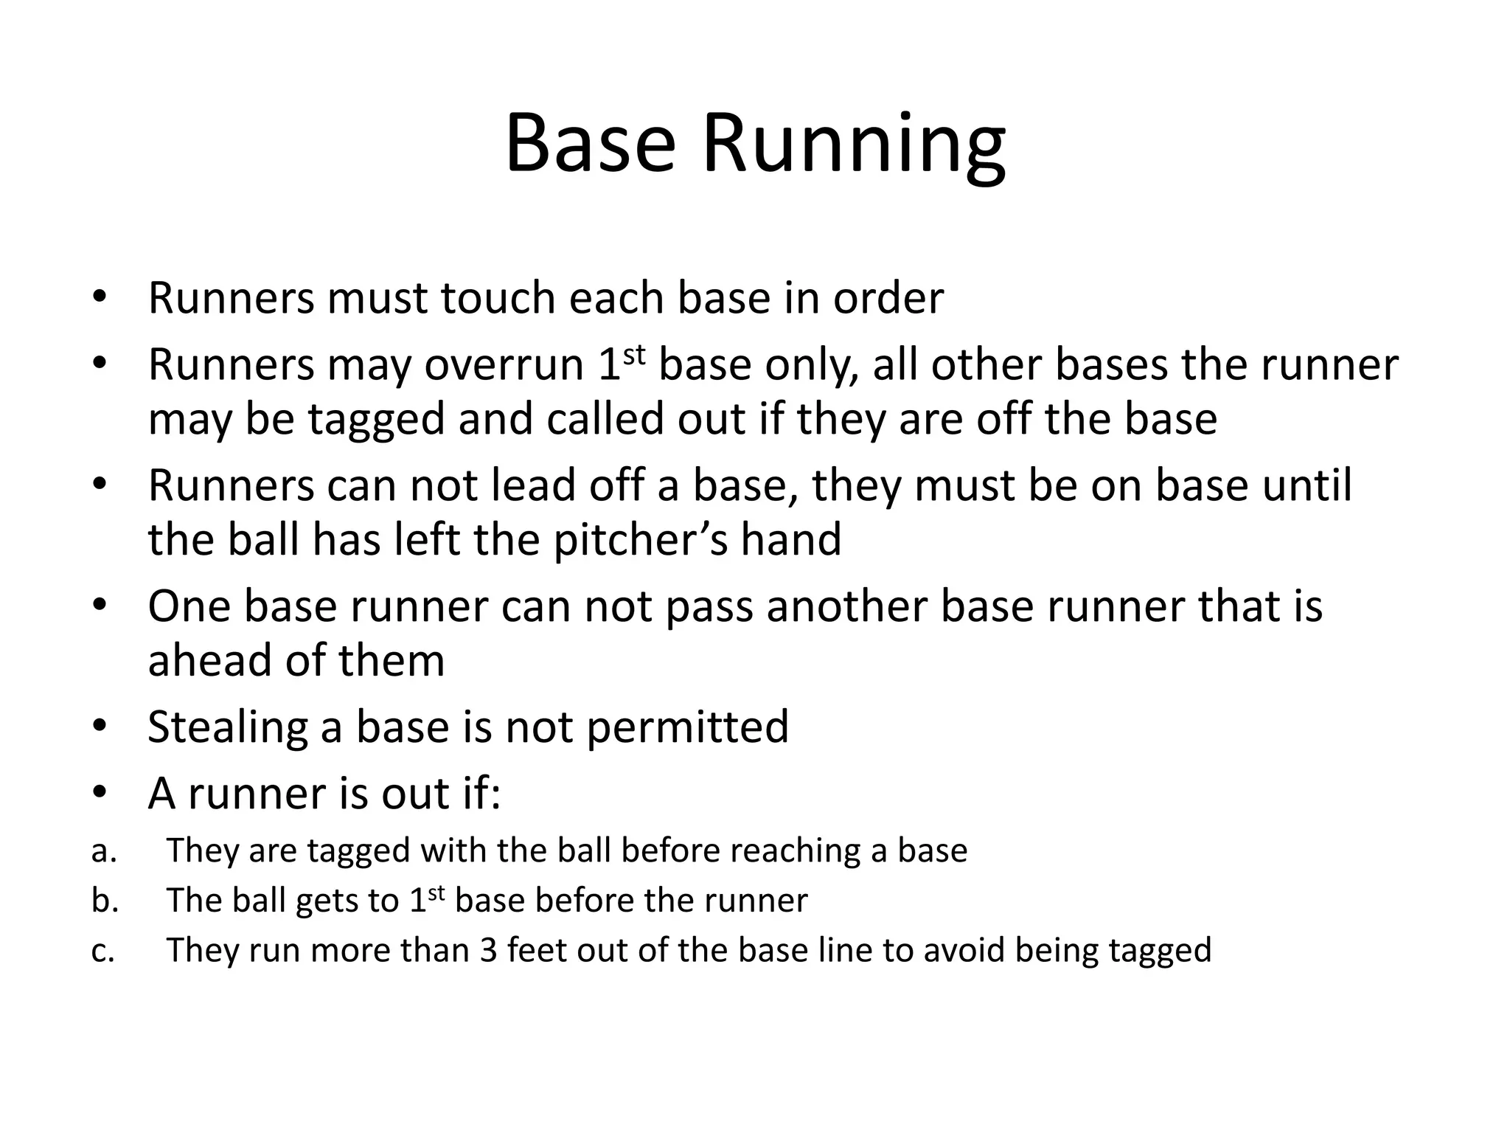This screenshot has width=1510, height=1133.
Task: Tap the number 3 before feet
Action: [488, 950]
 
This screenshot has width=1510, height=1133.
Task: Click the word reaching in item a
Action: [793, 851]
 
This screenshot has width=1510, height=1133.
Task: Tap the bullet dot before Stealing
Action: [100, 726]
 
